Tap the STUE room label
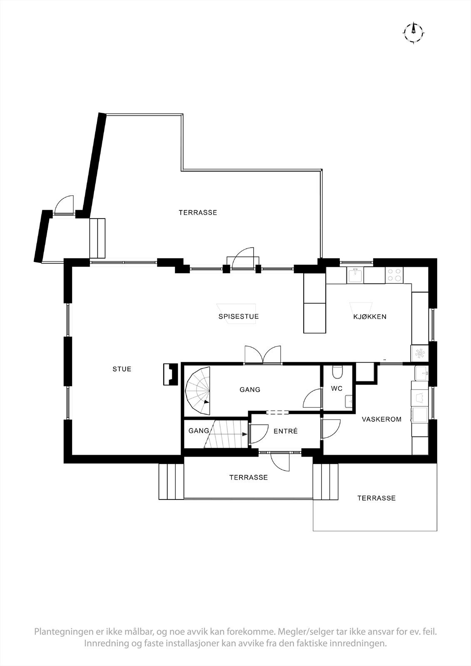pyautogui.click(x=122, y=369)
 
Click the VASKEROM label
pyautogui.click(x=381, y=419)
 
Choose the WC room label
pyautogui.click(x=336, y=389)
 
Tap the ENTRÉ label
pyautogui.click(x=285, y=431)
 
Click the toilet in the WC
pyautogui.click(x=337, y=371)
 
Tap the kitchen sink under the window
pyautogui.click(x=356, y=275)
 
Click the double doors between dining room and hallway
pyautogui.click(x=263, y=355)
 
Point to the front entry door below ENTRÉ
pyautogui.click(x=280, y=461)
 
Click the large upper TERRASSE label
pyautogui.click(x=198, y=212)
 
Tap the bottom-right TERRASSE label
pyautogui.click(x=376, y=498)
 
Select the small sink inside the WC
pyautogui.click(x=349, y=401)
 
